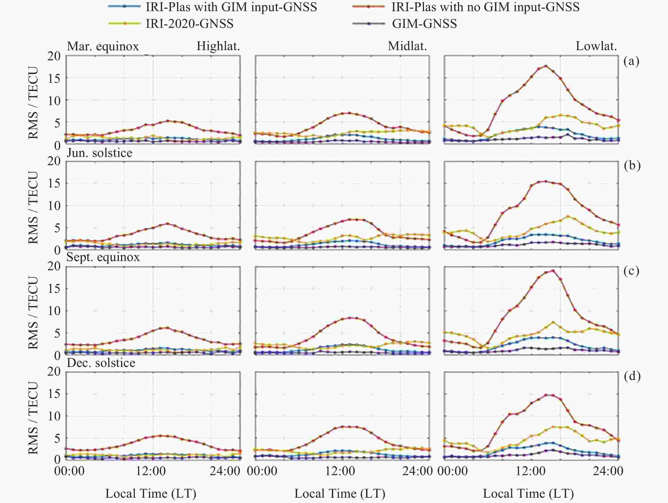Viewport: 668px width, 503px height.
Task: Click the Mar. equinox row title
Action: pyautogui.click(x=103, y=46)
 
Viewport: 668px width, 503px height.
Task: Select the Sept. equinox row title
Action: pyautogui.click(x=103, y=257)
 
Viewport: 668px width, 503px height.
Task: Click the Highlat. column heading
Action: pyautogui.click(x=218, y=46)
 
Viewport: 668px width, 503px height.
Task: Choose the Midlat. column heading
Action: pyautogui.click(x=407, y=46)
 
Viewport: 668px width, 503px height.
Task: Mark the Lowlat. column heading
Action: pyautogui.click(x=596, y=46)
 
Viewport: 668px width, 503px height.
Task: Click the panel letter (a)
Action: pyautogui.click(x=631, y=61)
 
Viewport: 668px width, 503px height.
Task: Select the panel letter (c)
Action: pyautogui.click(x=631, y=271)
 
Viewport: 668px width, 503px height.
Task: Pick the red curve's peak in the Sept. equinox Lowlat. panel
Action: pyautogui.click(x=553, y=271)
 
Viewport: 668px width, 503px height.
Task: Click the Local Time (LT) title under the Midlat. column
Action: pyautogui.click(x=340, y=494)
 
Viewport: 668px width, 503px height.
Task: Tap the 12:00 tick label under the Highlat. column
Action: pyautogui.click(x=151, y=471)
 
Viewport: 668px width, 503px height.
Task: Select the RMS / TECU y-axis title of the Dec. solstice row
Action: pyautogui.click(x=33, y=418)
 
